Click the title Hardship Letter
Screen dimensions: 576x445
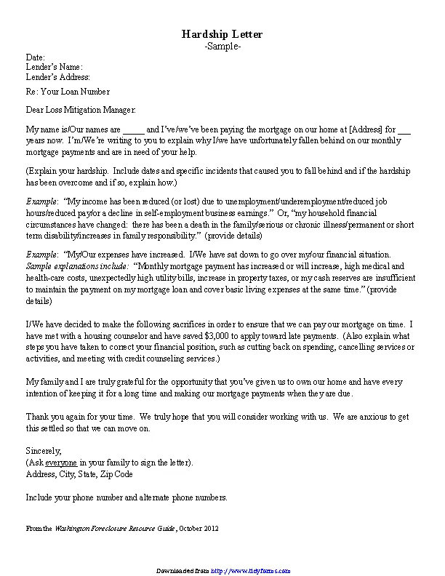[222, 34]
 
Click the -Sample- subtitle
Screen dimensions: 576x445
[222, 46]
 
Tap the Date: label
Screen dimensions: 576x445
[36, 57]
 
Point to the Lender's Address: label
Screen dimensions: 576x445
[58, 76]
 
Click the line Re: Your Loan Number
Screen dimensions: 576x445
[68, 92]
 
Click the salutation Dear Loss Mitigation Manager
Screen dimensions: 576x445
[81, 110]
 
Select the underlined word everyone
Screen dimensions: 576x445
[61, 463]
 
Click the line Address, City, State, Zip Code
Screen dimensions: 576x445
[79, 473]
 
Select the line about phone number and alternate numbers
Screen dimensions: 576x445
[127, 497]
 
